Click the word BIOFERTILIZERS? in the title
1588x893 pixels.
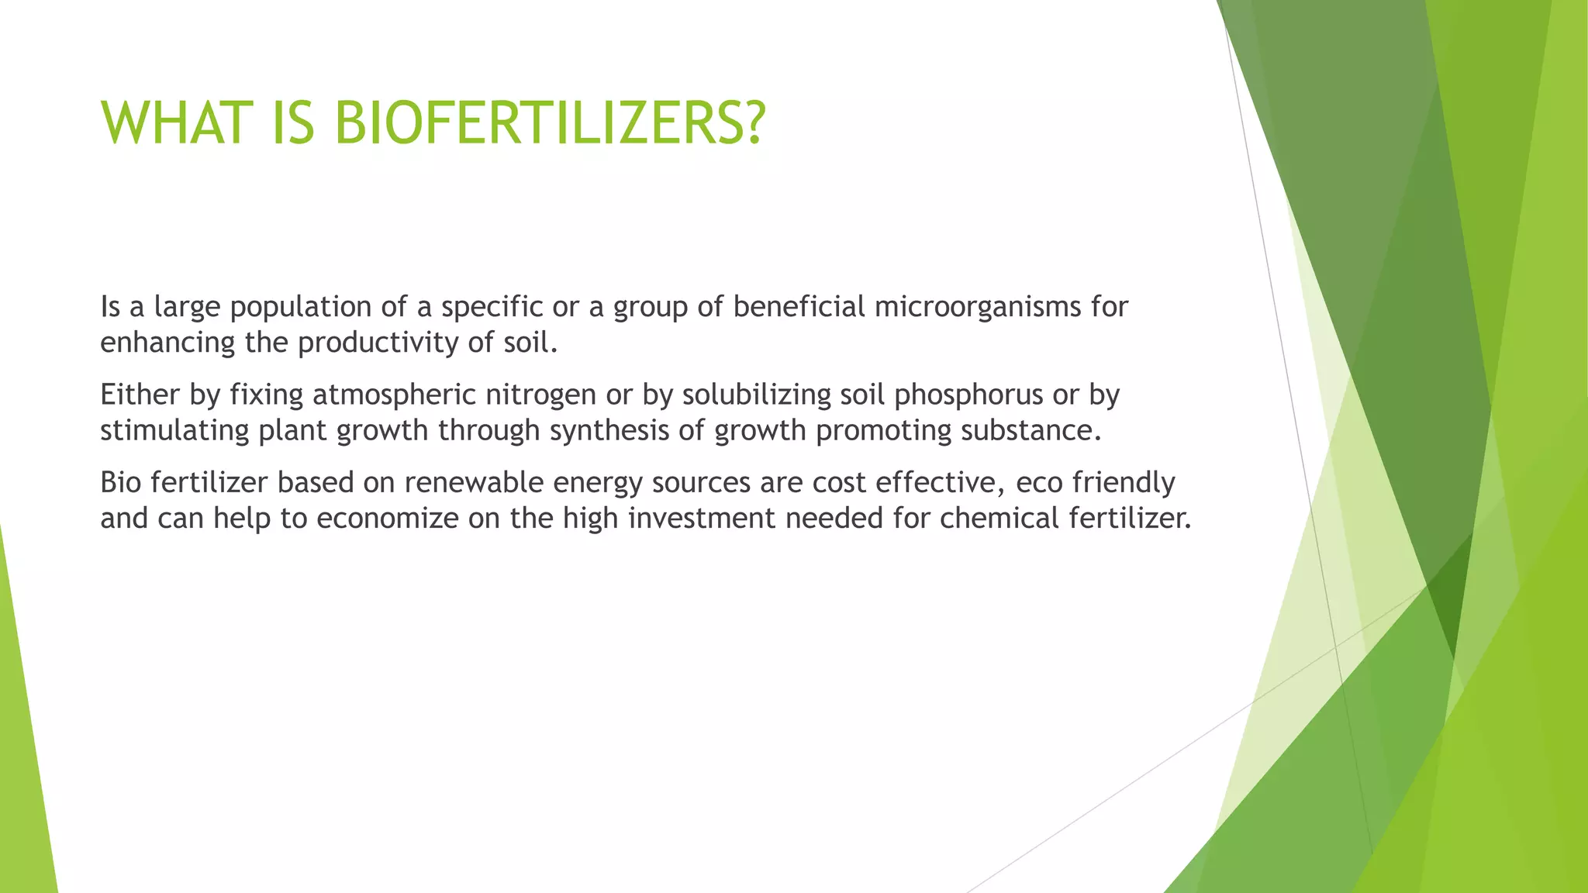pyautogui.click(x=550, y=124)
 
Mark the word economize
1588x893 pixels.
pyautogui.click(x=387, y=518)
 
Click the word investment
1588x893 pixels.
pyautogui.click(x=701, y=518)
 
